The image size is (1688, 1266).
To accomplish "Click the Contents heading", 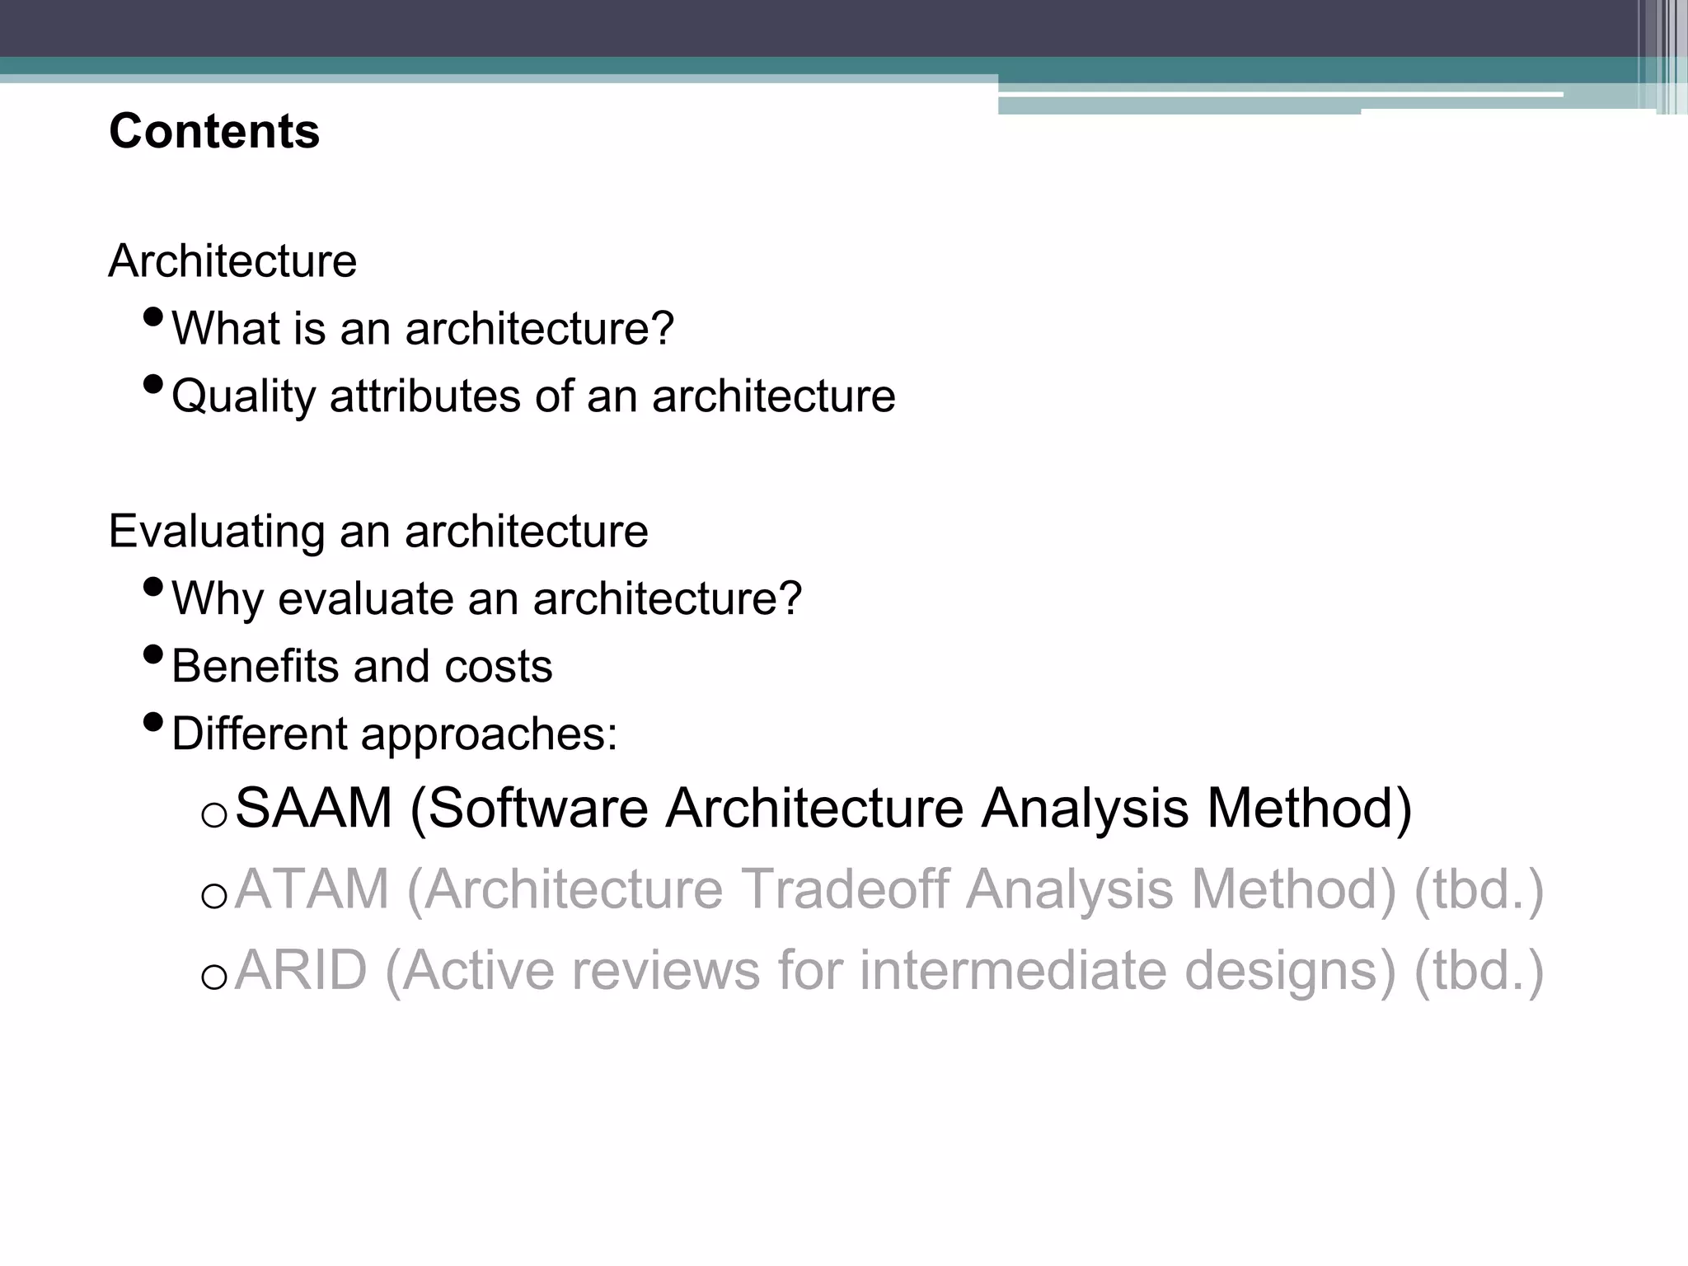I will tap(214, 132).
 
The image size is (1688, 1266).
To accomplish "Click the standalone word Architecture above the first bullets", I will tap(232, 261).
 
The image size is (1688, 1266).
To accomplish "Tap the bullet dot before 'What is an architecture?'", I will tap(153, 316).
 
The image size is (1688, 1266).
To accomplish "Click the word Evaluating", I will tap(217, 531).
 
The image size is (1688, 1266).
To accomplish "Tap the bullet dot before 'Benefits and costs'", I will tap(153, 654).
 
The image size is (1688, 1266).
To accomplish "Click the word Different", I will tap(260, 734).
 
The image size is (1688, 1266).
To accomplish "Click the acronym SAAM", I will tap(314, 808).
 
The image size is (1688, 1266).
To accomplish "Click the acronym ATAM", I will tap(312, 889).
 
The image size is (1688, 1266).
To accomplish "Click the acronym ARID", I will tap(301, 970).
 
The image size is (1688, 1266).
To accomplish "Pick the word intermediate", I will tap(1013, 970).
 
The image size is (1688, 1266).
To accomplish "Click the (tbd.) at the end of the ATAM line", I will tap(1478, 889).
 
